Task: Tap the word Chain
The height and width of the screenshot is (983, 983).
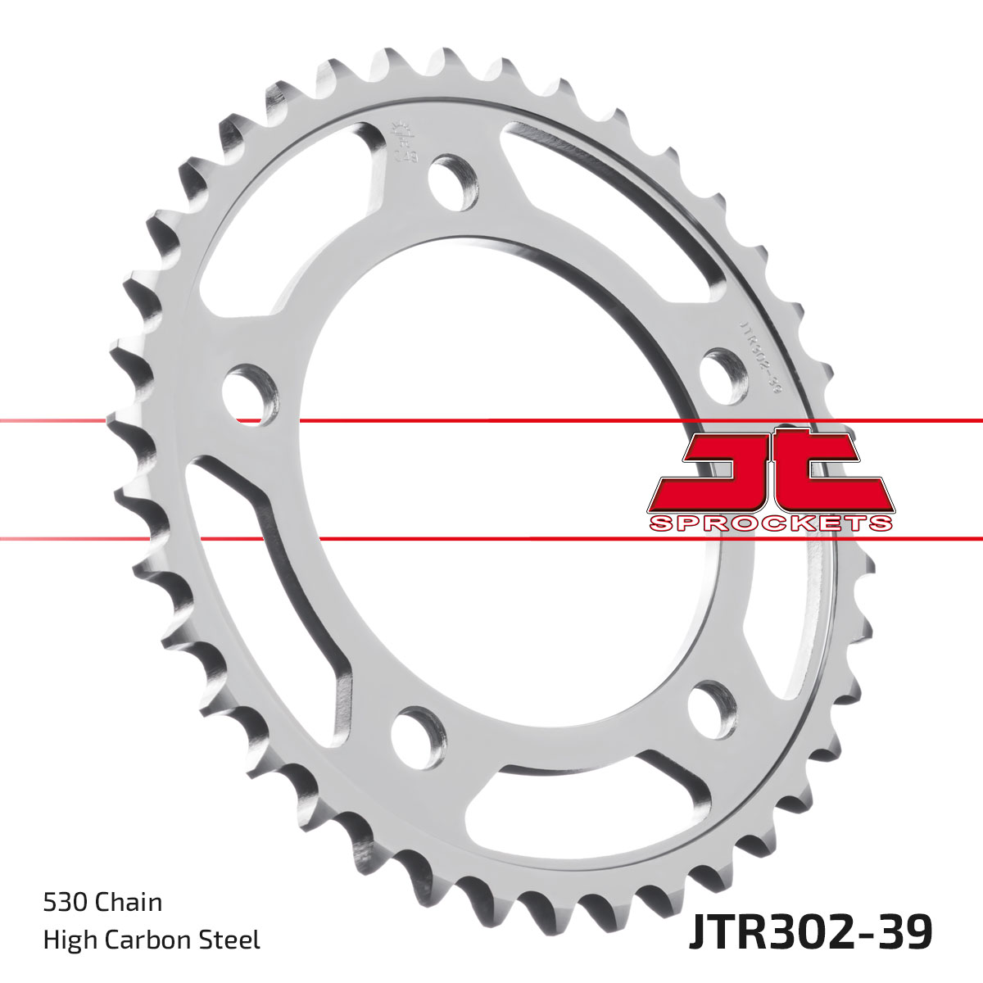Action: point(129,903)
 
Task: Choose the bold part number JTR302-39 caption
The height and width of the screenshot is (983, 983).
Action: point(810,934)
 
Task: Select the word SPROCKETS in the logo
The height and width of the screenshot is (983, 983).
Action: point(771,523)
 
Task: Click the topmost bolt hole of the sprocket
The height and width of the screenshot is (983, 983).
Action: point(452,180)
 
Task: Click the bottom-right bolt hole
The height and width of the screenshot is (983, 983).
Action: point(711,709)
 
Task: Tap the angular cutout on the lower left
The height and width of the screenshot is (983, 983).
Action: point(270,565)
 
